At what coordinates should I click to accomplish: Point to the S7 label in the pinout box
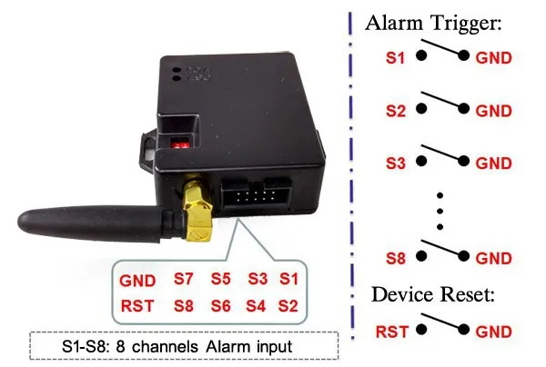pyautogui.click(x=184, y=279)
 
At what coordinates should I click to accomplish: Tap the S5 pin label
pyautogui.click(x=221, y=279)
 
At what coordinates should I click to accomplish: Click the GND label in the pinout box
pyautogui.click(x=137, y=279)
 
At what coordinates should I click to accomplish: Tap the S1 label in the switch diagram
pyautogui.click(x=394, y=58)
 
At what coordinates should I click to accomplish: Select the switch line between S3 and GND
pyautogui.click(x=442, y=156)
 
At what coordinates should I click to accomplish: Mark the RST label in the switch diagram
pyautogui.click(x=393, y=332)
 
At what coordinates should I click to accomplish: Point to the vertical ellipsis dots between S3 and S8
pyautogui.click(x=441, y=211)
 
